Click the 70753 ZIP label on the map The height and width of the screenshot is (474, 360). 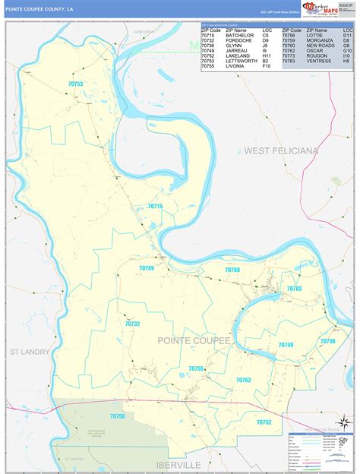pyautogui.click(x=74, y=84)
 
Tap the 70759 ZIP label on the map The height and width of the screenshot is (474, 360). pyautogui.click(x=146, y=268)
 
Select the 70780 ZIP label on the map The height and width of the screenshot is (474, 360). pyautogui.click(x=232, y=270)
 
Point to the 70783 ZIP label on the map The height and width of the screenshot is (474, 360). pyautogui.click(x=295, y=289)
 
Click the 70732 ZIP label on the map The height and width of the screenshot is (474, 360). pyautogui.click(x=132, y=324)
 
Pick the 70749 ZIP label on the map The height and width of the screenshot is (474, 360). pyautogui.click(x=286, y=345)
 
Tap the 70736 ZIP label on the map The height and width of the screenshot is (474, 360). pyautogui.click(x=327, y=342)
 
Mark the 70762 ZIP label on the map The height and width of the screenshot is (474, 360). pyautogui.click(x=243, y=380)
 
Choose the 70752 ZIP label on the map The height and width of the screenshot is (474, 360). pyautogui.click(x=264, y=422)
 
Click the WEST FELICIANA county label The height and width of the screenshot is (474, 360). pyautogui.click(x=281, y=151)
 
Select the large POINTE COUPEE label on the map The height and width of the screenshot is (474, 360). pyautogui.click(x=194, y=341)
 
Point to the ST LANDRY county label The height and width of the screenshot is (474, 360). pyautogui.click(x=30, y=352)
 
